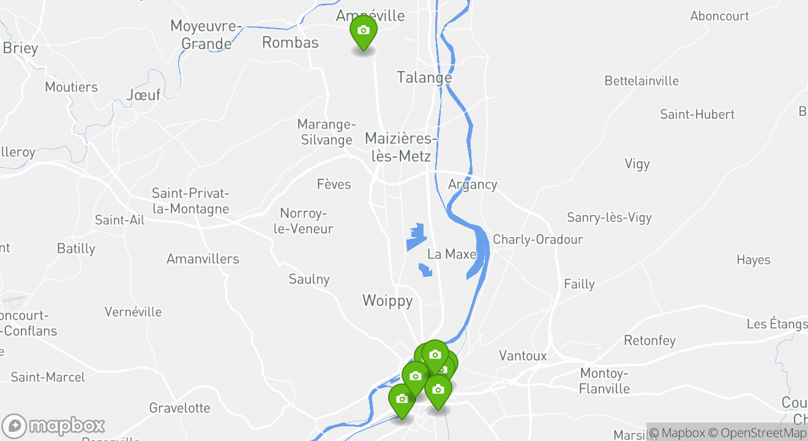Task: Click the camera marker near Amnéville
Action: tap(363, 31)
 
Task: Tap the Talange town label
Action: tap(424, 78)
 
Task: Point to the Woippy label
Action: tap(387, 301)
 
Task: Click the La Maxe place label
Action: tap(452, 254)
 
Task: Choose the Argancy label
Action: tap(473, 184)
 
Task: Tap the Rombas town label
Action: tap(290, 42)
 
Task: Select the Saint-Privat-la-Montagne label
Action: tap(190, 201)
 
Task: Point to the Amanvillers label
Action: tap(203, 259)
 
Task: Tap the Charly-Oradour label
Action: tap(537, 239)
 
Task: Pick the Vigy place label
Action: tap(637, 164)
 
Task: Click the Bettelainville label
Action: tap(642, 81)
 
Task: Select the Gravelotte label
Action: tap(179, 408)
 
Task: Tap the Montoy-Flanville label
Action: tap(604, 381)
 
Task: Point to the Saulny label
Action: tap(309, 279)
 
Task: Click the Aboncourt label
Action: tap(719, 16)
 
